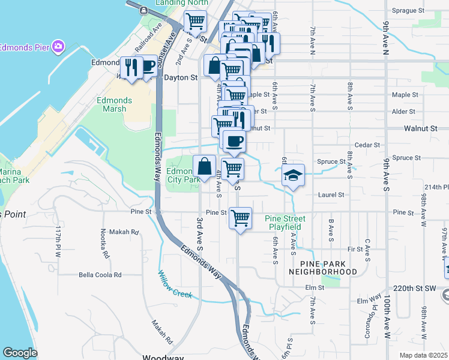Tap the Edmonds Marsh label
(113, 104)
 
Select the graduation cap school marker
(293, 175)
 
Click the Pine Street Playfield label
(285, 223)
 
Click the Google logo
(20, 353)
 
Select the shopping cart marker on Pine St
(240, 217)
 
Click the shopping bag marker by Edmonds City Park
(205, 166)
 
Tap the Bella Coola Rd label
(100, 275)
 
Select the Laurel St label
(333, 195)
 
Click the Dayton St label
(181, 77)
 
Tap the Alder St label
(403, 112)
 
